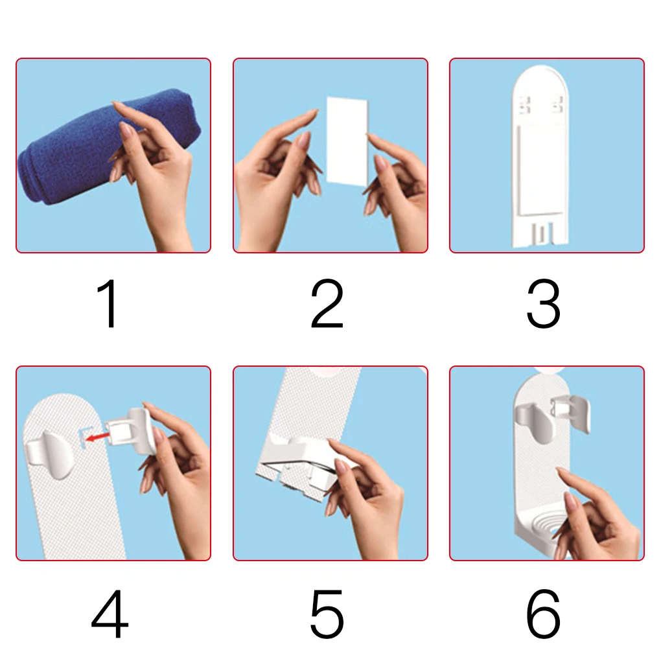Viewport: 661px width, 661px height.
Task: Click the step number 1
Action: click(109, 304)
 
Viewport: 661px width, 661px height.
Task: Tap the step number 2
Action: click(327, 304)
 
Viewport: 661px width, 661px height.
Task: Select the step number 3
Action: click(543, 304)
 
